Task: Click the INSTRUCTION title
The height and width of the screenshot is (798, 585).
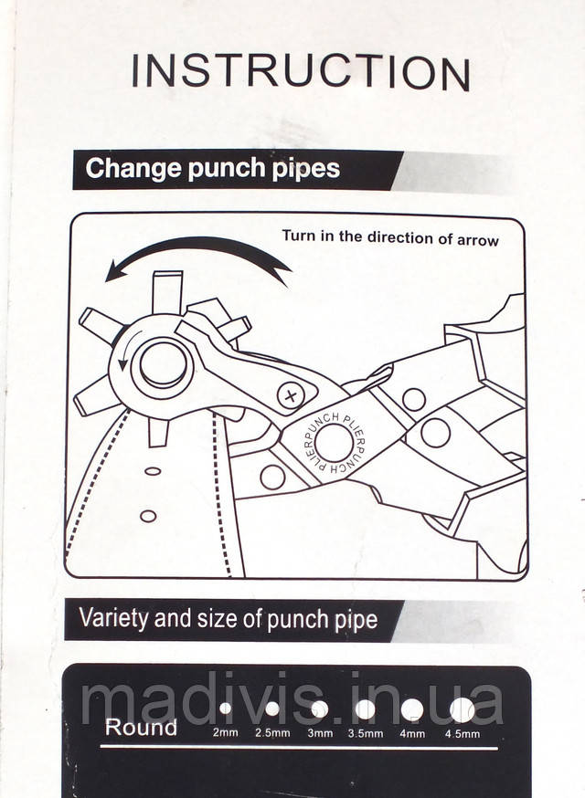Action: [x=301, y=72]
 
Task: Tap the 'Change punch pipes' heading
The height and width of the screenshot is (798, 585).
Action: [x=212, y=169]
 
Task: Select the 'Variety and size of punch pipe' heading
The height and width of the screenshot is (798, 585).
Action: [x=229, y=619]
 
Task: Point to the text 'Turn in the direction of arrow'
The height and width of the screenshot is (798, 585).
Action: [x=389, y=237]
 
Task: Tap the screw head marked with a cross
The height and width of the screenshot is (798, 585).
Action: [x=291, y=395]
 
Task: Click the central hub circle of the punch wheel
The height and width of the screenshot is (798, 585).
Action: [x=163, y=365]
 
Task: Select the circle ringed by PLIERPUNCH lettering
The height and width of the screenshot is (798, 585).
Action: [x=334, y=443]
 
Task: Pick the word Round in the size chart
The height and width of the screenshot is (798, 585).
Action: [x=141, y=728]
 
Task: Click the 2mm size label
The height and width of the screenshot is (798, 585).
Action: [x=225, y=733]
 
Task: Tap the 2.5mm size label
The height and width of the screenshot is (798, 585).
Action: [x=272, y=733]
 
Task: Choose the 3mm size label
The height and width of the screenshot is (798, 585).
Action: [x=320, y=733]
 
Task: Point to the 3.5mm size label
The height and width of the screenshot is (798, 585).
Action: [x=366, y=733]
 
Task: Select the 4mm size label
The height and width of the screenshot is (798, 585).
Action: [x=412, y=733]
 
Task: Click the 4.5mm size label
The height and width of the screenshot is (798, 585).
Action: [x=463, y=733]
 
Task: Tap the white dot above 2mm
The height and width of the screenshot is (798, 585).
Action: [x=225, y=708]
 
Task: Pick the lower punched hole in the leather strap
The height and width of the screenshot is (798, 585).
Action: [x=148, y=516]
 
